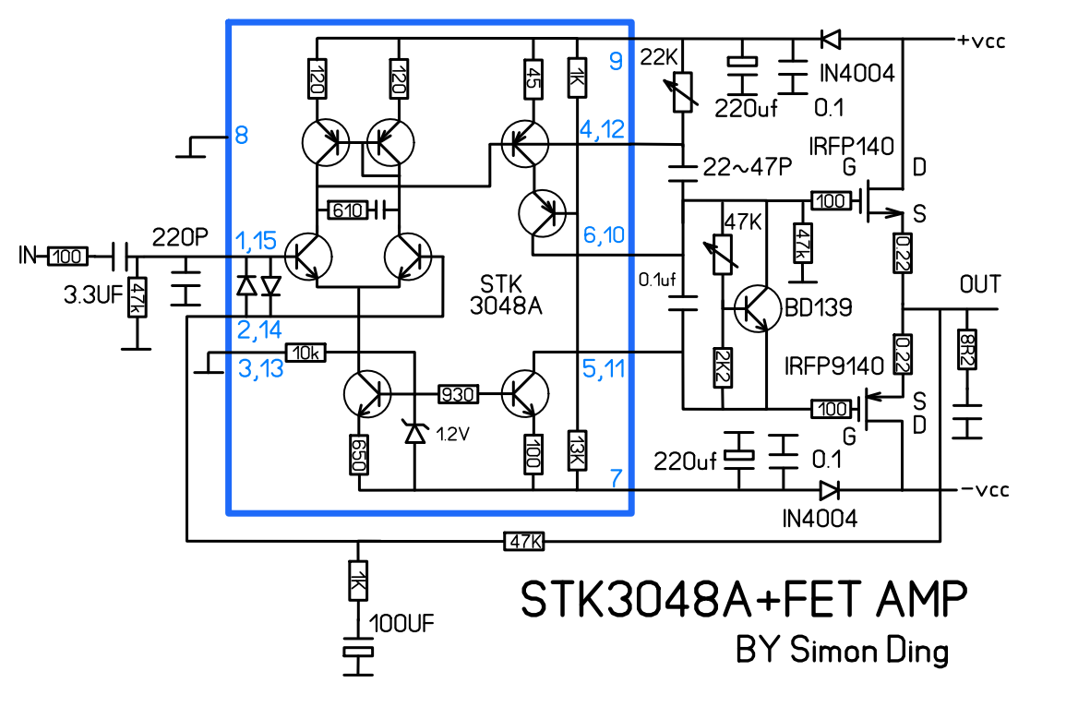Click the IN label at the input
pyautogui.click(x=27, y=256)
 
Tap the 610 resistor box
pyautogui.click(x=346, y=210)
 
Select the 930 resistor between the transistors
pyautogui.click(x=458, y=395)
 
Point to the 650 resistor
pyautogui.click(x=359, y=455)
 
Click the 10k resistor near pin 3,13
pyautogui.click(x=305, y=353)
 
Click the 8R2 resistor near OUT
pyautogui.click(x=967, y=349)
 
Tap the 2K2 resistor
pyautogui.click(x=723, y=367)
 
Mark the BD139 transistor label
pyautogui.click(x=819, y=306)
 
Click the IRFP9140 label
pyautogui.click(x=834, y=365)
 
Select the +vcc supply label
pyautogui.click(x=982, y=41)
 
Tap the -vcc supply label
pyautogui.click(x=985, y=489)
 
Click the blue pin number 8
pyautogui.click(x=241, y=135)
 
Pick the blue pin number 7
pyautogui.click(x=616, y=477)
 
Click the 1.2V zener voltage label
pyautogui.click(x=452, y=435)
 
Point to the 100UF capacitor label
pyautogui.click(x=401, y=624)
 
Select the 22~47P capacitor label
pyautogui.click(x=748, y=167)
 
